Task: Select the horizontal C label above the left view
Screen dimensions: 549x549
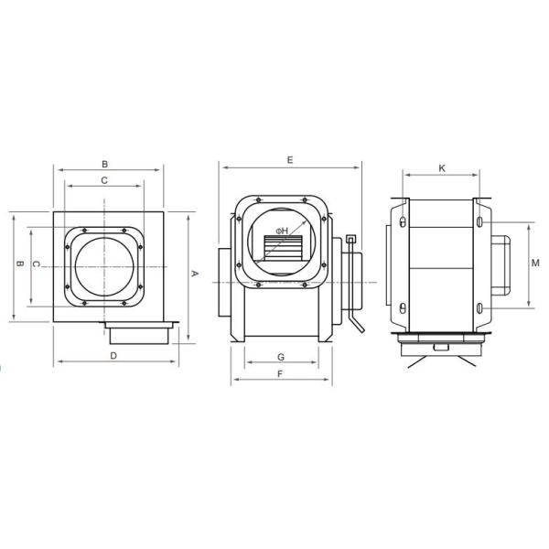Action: tap(104, 180)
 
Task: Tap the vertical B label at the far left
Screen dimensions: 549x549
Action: tap(19, 264)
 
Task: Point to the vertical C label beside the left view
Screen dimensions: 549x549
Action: tap(35, 264)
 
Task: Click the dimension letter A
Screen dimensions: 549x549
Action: tap(194, 273)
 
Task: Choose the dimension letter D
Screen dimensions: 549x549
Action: tap(113, 354)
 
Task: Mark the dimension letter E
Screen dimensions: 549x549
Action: tap(289, 160)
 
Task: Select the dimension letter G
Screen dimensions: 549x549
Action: tap(281, 355)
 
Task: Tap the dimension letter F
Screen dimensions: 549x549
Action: tap(281, 373)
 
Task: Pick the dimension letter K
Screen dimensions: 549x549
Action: tap(442, 168)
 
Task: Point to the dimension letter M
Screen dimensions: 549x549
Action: tap(535, 264)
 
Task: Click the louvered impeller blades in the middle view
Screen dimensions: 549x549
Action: tap(285, 247)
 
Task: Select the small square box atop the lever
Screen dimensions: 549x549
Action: tap(351, 240)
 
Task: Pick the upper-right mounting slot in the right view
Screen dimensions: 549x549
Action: tap(481, 221)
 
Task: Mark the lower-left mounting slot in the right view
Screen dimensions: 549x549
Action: tap(403, 307)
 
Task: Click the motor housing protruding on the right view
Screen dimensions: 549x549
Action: tap(501, 264)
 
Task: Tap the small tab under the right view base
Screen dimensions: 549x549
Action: tap(441, 347)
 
